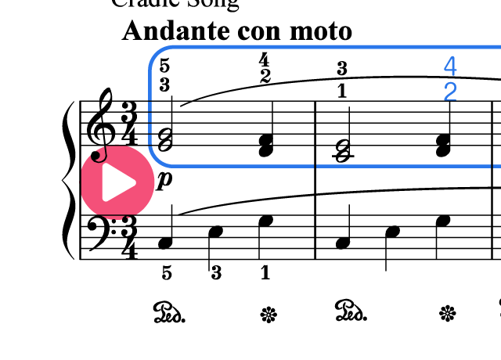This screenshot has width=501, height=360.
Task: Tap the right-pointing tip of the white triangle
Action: tap(135, 182)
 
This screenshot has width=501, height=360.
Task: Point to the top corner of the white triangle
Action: tap(106, 164)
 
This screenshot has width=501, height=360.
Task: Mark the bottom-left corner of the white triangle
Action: tap(106, 200)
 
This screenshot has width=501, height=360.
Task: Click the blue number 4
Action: tap(450, 66)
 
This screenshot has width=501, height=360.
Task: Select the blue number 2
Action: tap(450, 92)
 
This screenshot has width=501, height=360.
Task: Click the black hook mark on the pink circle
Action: tap(98, 155)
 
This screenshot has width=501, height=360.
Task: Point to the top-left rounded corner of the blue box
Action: tap(157, 55)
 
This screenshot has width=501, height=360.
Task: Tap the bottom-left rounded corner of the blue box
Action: tap(157, 159)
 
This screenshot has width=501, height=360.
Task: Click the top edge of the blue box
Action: tap(313, 47)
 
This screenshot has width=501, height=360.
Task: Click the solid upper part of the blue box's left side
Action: tap(150, 82)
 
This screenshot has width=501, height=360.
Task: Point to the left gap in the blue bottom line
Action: tap(315, 166)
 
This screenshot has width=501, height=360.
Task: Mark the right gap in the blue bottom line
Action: tap(492, 166)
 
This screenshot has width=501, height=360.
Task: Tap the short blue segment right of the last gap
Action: tap(498, 166)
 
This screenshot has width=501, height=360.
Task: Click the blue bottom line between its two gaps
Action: tap(403, 166)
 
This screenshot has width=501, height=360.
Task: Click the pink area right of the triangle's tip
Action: tap(146, 182)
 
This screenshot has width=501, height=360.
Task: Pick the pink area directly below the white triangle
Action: tap(117, 210)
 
